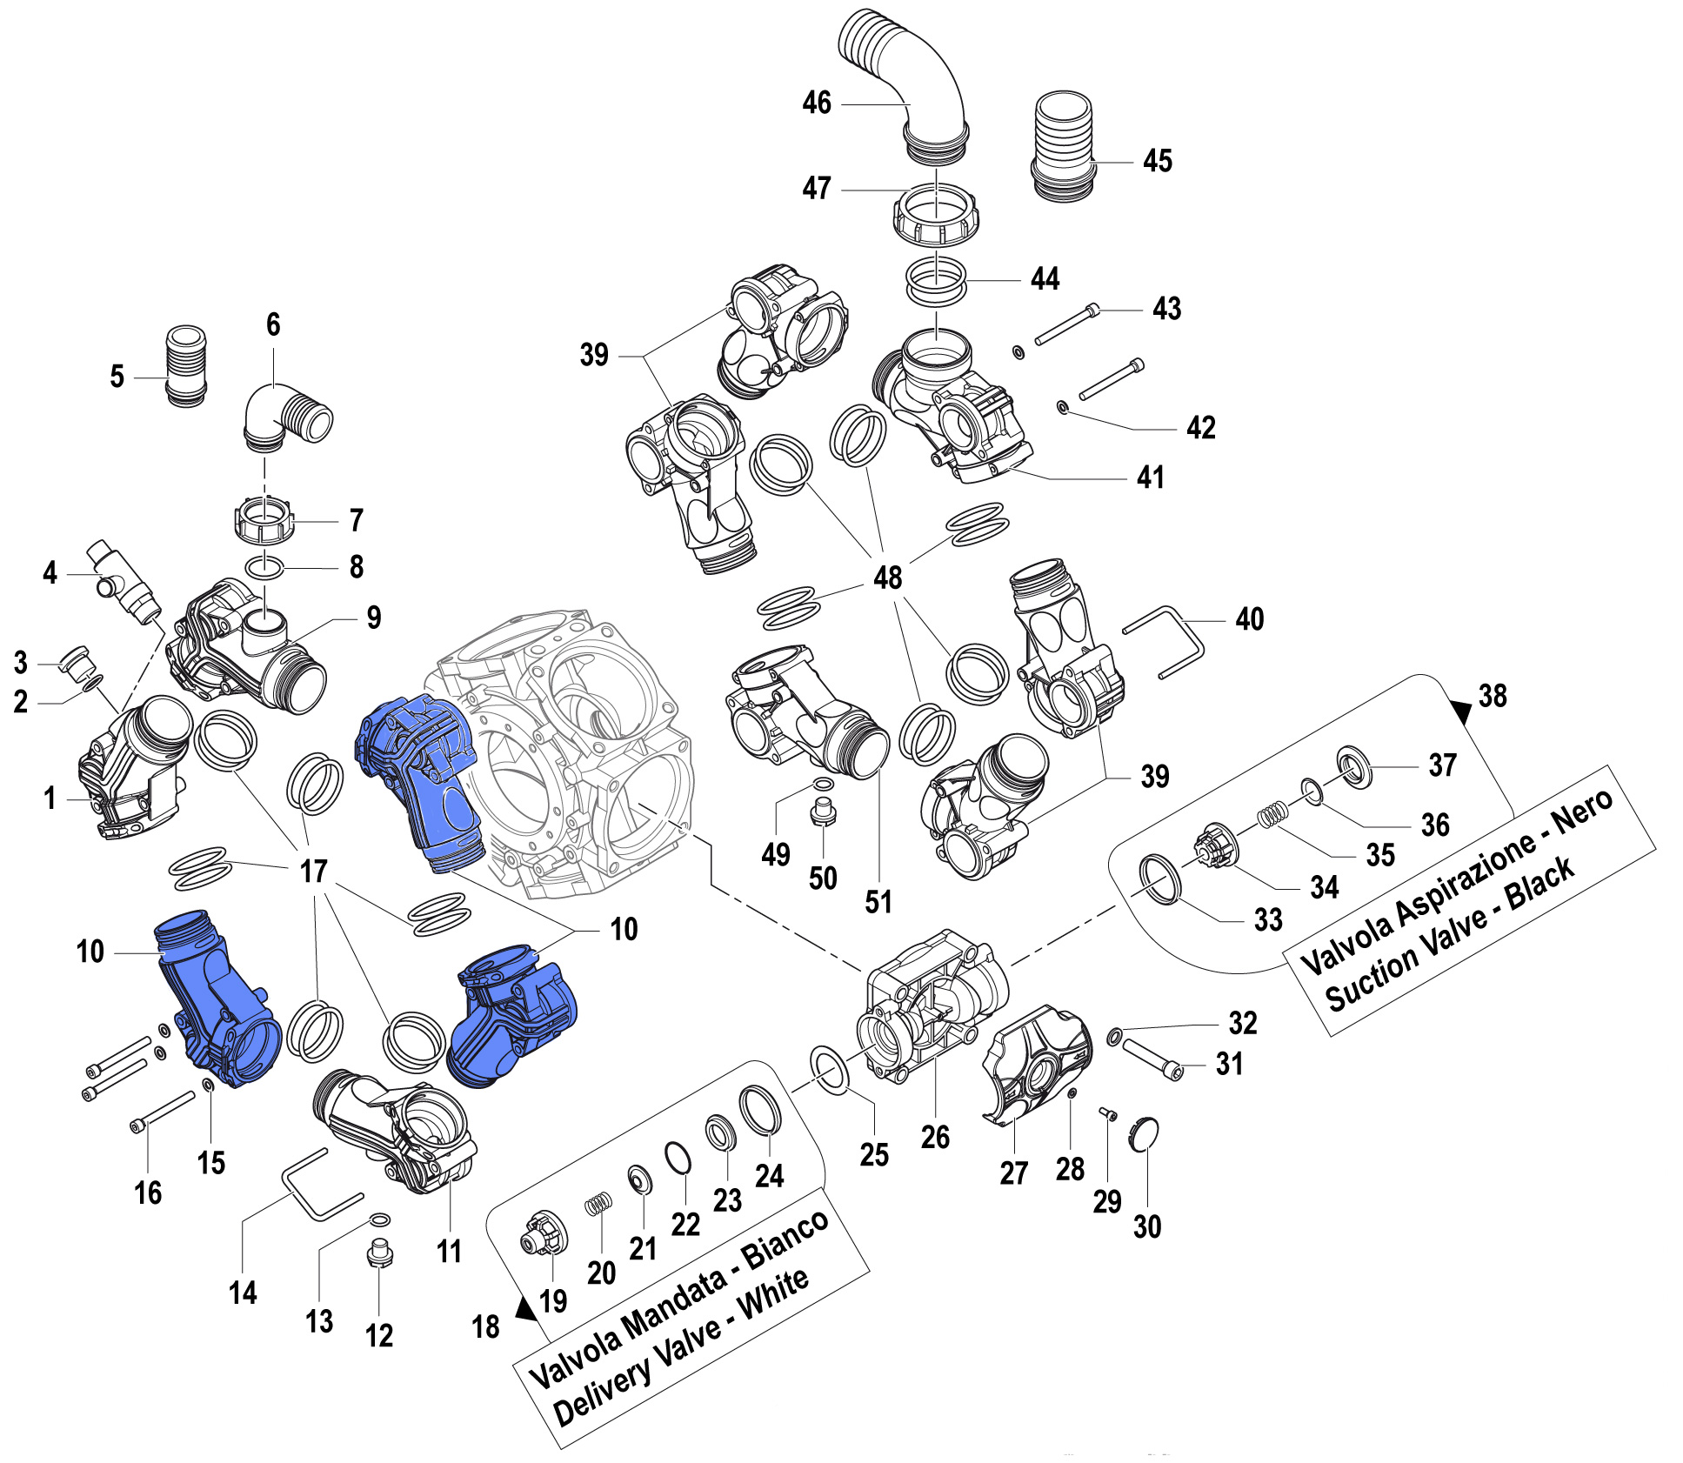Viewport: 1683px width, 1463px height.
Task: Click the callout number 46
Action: (x=816, y=103)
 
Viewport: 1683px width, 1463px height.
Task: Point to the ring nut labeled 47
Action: (x=935, y=213)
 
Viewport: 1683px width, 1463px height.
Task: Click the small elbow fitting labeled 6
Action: (x=283, y=418)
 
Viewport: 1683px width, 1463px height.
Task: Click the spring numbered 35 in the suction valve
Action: (x=1272, y=815)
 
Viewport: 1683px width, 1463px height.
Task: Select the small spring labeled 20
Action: (x=598, y=1204)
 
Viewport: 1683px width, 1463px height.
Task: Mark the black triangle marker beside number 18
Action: (x=525, y=1308)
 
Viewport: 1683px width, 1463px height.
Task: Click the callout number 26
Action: (x=935, y=1137)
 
